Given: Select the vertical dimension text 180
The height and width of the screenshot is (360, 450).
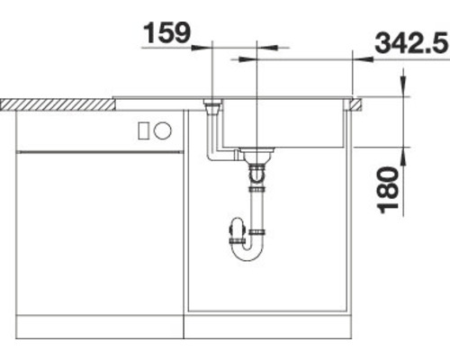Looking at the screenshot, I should [388, 189].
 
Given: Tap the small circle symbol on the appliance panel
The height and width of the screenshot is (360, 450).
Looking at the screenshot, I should [163, 130].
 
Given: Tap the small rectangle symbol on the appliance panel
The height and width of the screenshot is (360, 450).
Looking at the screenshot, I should [143, 130].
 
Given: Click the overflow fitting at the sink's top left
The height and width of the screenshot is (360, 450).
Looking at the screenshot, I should [212, 107].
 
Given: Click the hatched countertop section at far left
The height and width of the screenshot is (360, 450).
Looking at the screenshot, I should [54, 104].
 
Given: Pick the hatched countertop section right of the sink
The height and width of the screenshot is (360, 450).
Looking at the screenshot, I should [356, 104].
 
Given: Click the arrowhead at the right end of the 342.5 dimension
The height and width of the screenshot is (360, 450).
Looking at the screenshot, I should [370, 59].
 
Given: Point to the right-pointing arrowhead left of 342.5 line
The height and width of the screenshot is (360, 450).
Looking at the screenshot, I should [237, 59].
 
